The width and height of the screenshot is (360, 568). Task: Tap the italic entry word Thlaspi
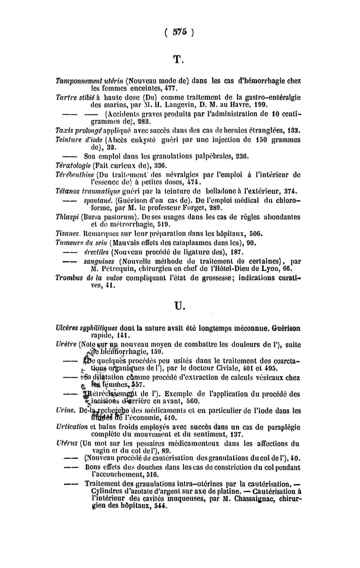tap(65, 216)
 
